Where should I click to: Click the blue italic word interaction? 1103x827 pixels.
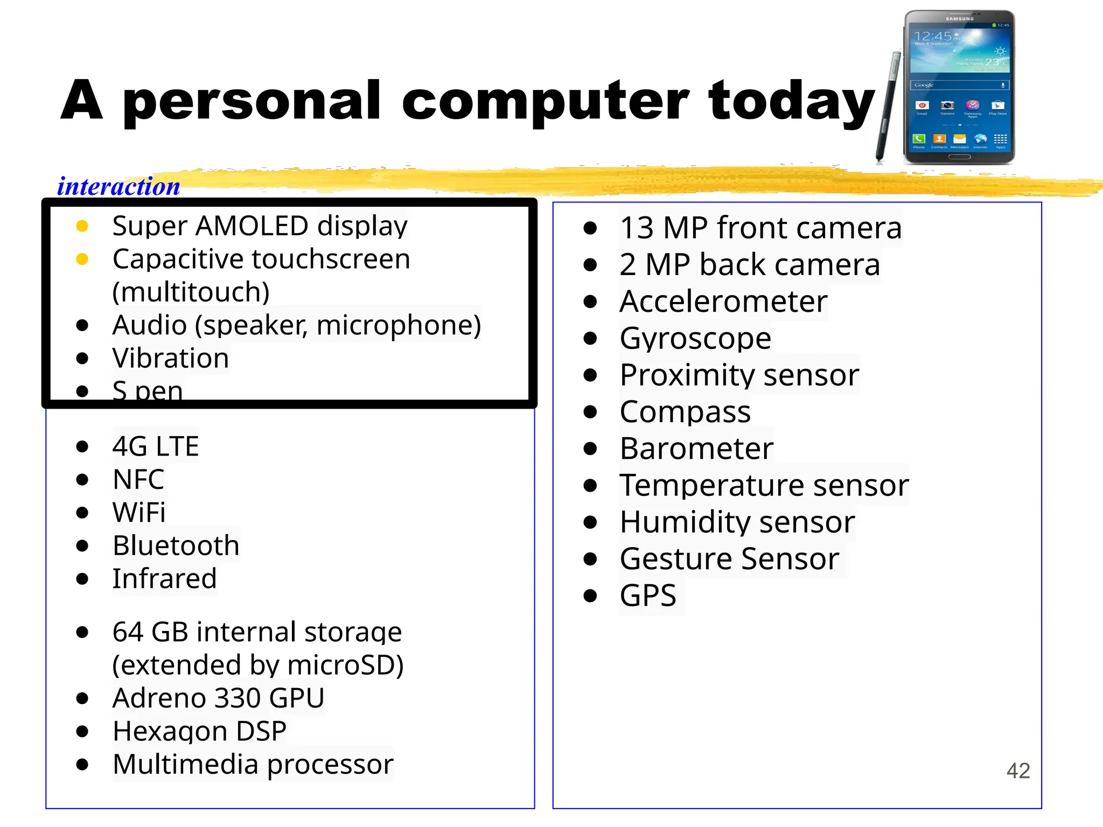(x=118, y=186)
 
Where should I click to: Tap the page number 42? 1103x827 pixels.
(x=1018, y=770)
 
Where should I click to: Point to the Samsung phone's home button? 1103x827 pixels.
(x=959, y=157)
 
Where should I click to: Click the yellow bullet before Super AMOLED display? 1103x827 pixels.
(x=82, y=226)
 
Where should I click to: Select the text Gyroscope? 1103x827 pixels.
(x=695, y=338)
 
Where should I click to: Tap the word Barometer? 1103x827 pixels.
(x=696, y=448)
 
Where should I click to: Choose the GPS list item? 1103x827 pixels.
(x=648, y=595)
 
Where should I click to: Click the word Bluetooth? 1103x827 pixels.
(x=176, y=545)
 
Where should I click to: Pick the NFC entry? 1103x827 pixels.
(x=138, y=479)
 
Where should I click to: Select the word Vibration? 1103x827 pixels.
(x=171, y=358)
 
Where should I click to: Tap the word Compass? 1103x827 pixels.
(x=685, y=412)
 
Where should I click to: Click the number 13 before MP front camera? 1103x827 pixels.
(x=636, y=228)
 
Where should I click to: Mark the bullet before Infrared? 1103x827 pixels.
(x=82, y=579)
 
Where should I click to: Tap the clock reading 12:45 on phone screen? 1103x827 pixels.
(x=933, y=37)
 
